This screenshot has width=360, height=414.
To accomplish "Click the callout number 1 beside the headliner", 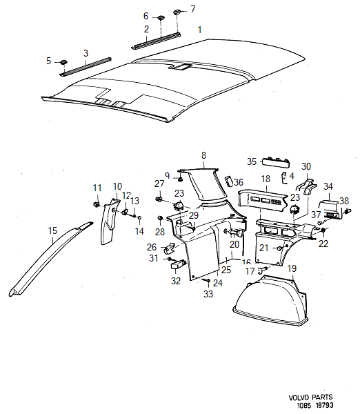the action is point(200,30).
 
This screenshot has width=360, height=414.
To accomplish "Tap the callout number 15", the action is point(52,230).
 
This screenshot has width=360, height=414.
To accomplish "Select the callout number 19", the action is point(292,268).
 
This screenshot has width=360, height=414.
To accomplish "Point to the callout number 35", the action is point(252,161).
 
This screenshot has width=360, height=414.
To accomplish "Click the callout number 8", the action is point(203,155).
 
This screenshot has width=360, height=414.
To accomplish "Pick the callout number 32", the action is point(176,281).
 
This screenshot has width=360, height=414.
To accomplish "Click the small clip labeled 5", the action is point(63,62).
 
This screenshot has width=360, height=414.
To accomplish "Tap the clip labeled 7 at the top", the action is point(177,12).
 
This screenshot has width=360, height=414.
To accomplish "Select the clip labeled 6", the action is point(161,18).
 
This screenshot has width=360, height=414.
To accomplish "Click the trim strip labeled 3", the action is point(86,66).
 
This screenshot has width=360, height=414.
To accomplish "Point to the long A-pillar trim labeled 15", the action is point(50,259).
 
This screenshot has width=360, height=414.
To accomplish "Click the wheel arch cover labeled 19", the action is point(272,301).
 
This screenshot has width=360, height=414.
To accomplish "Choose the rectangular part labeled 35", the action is point(276,163).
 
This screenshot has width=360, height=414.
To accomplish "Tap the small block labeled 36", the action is point(228,181).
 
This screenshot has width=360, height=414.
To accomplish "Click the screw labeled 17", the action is point(262,270).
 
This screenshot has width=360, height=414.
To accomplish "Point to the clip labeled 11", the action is point(97,204).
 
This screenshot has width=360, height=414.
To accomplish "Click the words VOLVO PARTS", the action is point(311,397).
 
